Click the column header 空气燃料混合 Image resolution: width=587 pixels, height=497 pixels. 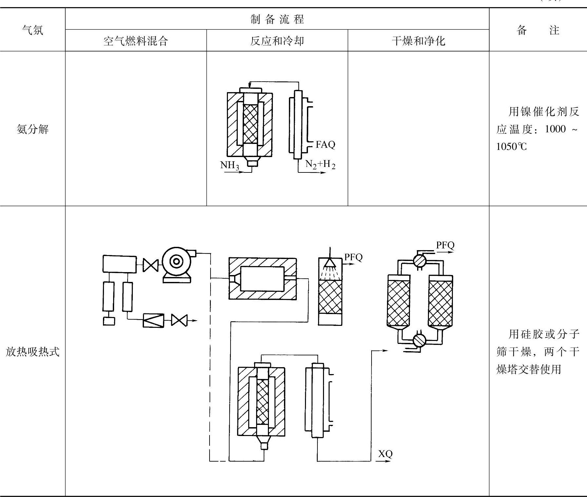(x=136, y=41)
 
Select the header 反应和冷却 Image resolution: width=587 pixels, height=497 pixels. (x=277, y=41)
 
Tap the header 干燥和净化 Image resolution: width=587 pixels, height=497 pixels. (x=418, y=41)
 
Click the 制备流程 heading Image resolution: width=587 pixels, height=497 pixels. (x=277, y=19)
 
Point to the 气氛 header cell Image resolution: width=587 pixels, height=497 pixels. (x=32, y=30)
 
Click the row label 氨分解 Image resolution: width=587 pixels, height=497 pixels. (x=32, y=129)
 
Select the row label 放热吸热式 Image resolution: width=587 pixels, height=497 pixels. (x=32, y=352)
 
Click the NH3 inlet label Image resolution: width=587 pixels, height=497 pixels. (x=229, y=165)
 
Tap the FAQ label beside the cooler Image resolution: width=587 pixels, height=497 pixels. (x=325, y=145)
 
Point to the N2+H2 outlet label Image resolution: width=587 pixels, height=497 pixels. (x=320, y=164)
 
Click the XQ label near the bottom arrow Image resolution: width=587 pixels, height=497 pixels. (x=385, y=454)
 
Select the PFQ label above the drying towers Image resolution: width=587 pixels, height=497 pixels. (x=445, y=245)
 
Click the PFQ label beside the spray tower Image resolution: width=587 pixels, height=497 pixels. (x=353, y=257)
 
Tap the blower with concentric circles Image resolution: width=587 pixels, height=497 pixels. (x=176, y=261)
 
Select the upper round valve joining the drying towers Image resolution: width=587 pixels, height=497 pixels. (x=419, y=261)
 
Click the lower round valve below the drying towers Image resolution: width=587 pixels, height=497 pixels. (x=419, y=340)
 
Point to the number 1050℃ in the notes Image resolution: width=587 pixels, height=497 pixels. (x=511, y=147)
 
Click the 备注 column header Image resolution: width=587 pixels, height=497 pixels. (x=538, y=30)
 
